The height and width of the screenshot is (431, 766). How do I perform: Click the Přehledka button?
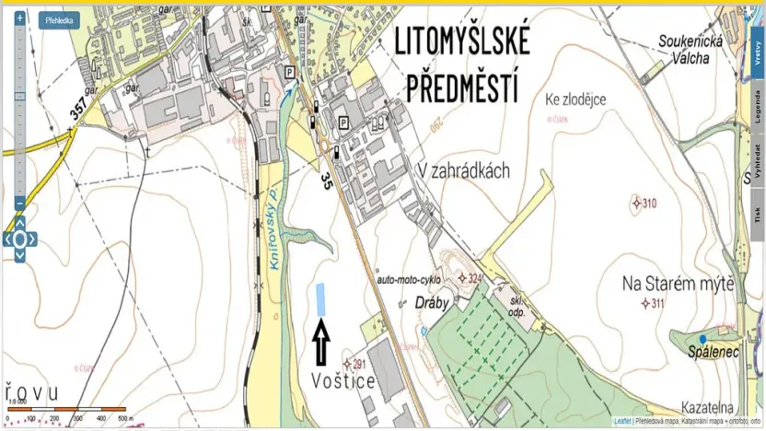tap(59, 19)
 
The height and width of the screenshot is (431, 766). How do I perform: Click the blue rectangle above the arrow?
tap(321, 298)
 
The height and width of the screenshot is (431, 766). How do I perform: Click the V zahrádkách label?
tap(463, 170)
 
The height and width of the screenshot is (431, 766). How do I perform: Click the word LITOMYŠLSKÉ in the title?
tap(461, 41)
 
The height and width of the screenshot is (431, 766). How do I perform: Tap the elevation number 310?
tap(649, 203)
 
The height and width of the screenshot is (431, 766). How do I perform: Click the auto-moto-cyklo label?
tap(409, 277)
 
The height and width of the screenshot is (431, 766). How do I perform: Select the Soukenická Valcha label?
tap(691, 49)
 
